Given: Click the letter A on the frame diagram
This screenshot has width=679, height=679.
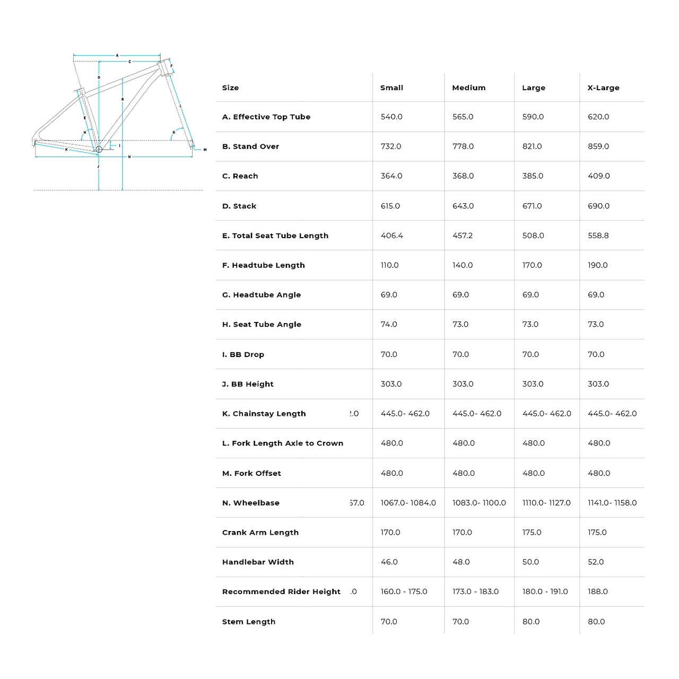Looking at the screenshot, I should tap(117, 55).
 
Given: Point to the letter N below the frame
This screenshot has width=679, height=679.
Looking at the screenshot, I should tap(129, 157).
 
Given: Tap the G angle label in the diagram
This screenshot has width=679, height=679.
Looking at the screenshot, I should tap(173, 132).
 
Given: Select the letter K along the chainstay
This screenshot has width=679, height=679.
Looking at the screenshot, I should tap(66, 150).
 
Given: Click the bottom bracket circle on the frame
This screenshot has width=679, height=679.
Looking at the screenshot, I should tap(99, 150).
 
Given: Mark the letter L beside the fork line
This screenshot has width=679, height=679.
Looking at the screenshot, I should tap(180, 106).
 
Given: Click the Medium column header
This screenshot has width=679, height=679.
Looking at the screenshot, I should tap(468, 88).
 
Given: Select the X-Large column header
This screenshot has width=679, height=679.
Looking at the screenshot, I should tap(603, 88).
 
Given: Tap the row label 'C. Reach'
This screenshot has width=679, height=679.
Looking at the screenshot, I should tap(240, 176).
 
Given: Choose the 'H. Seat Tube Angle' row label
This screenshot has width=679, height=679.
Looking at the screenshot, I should tap(262, 324).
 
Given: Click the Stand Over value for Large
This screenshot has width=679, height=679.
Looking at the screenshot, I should tap(532, 146).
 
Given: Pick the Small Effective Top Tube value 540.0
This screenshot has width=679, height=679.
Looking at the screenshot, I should tap(391, 117).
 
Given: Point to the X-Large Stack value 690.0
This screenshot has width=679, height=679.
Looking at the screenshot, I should tap(598, 206).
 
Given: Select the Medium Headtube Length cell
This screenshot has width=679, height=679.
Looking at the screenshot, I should tap(463, 265).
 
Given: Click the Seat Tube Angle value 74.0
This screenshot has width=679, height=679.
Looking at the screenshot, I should tap(389, 324).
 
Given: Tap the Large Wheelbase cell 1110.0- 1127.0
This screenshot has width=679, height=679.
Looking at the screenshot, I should tap(546, 503).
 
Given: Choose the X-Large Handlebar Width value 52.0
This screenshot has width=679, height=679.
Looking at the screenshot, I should tap(596, 562).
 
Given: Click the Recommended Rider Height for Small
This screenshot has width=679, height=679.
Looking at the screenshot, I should tap(404, 591).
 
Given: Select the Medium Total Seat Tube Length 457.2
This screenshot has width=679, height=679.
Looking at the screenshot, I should tap(463, 236).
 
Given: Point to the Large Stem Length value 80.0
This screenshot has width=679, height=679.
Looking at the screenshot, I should tap(531, 622).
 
